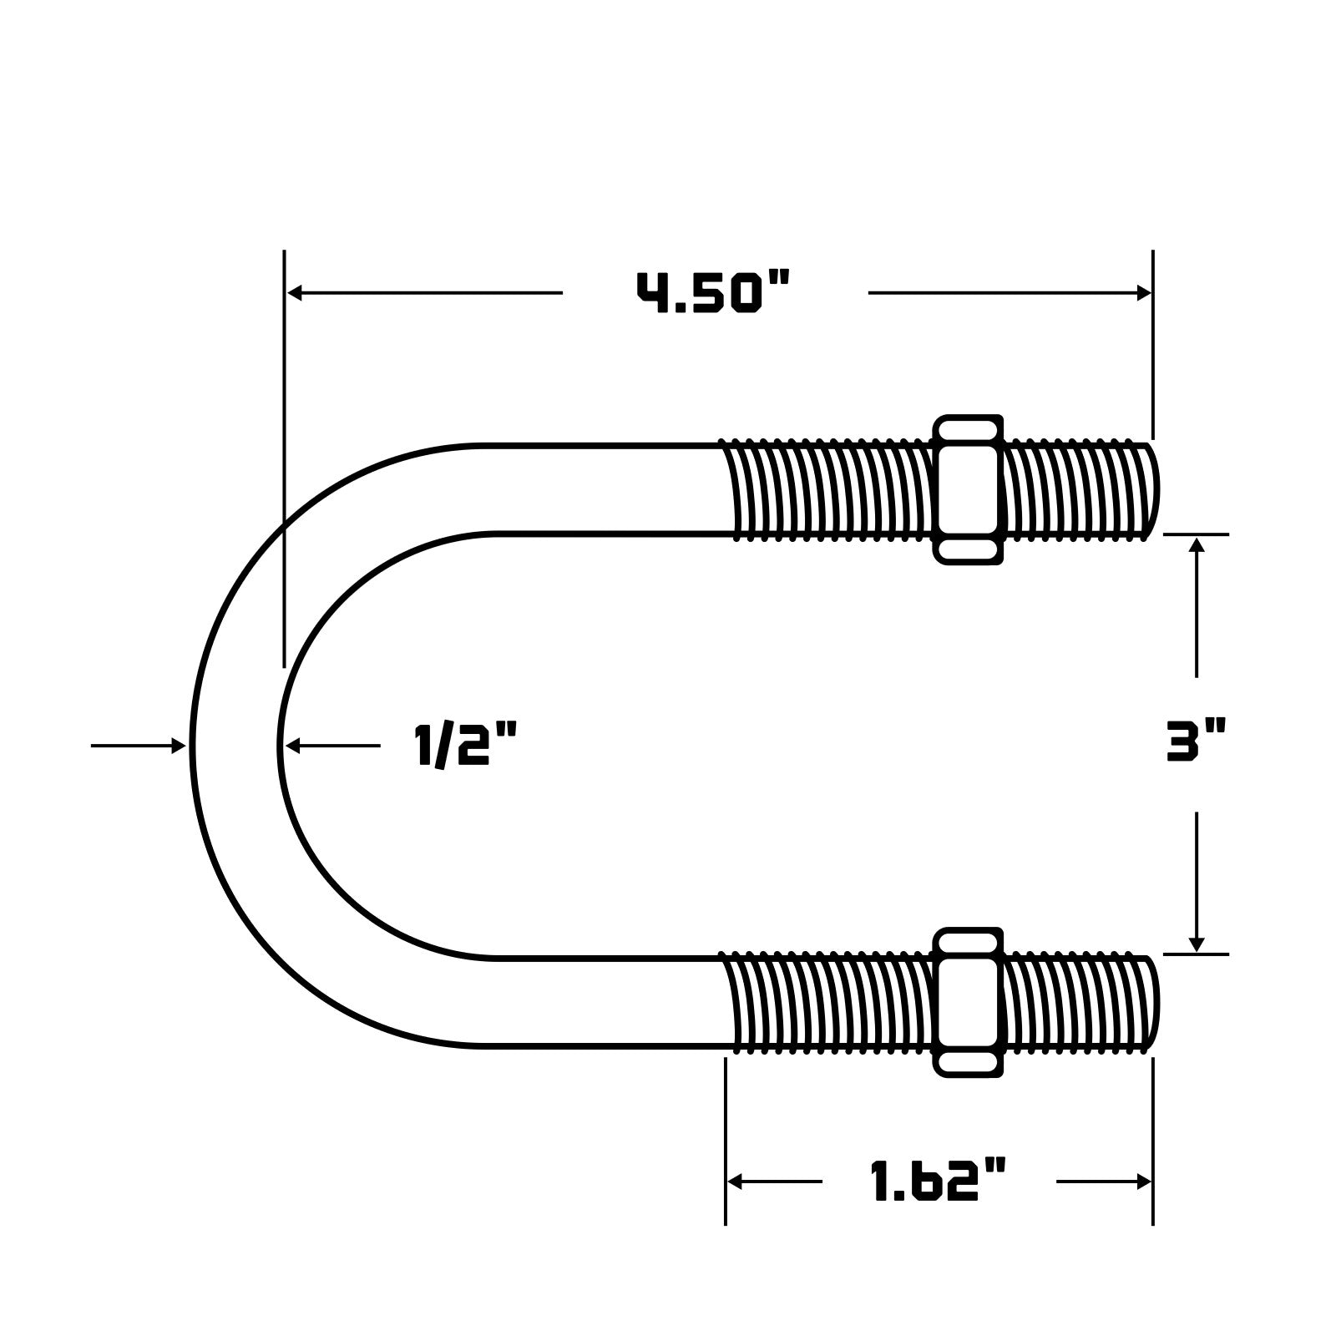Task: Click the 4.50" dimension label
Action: point(713,293)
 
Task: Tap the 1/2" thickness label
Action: point(465,746)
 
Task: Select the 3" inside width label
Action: point(1196,743)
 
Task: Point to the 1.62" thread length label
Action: point(938,1182)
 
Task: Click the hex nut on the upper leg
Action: point(968,490)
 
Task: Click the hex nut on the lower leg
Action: point(968,1002)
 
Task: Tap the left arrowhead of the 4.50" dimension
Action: point(295,293)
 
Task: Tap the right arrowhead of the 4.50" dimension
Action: point(1144,293)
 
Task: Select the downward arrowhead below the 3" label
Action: point(1197,944)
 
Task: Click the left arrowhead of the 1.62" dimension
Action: point(736,1182)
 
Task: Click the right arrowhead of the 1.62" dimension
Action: point(1144,1182)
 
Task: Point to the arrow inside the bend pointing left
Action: point(292,746)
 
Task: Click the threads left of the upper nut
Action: point(827,490)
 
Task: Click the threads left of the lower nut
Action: point(827,1002)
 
